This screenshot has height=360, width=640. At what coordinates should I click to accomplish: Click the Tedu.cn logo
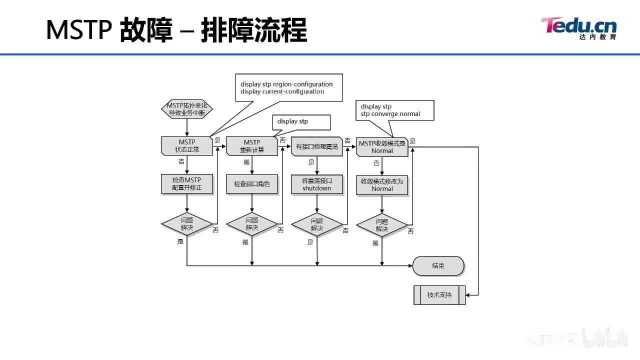(578, 28)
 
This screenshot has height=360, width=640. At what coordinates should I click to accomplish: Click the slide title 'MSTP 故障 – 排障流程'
(176, 30)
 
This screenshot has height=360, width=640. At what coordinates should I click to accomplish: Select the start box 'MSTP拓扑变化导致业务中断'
(186, 109)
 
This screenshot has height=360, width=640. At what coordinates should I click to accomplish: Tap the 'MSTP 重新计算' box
(251, 146)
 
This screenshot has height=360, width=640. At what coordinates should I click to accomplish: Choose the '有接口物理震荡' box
(317, 146)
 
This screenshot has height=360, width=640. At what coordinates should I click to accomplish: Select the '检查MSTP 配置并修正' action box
(186, 184)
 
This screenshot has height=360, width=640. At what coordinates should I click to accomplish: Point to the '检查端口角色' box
(251, 184)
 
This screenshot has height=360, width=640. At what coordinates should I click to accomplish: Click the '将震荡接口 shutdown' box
(317, 184)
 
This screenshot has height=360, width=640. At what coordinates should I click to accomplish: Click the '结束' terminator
(438, 266)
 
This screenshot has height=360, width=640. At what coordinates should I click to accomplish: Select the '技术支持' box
(439, 295)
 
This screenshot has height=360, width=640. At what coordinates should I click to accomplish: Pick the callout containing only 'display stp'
(301, 122)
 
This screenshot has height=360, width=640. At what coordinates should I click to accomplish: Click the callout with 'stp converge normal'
(394, 110)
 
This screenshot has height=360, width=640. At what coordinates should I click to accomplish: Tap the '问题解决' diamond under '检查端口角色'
(251, 224)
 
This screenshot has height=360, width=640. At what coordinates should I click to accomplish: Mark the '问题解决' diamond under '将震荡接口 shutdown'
(317, 224)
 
